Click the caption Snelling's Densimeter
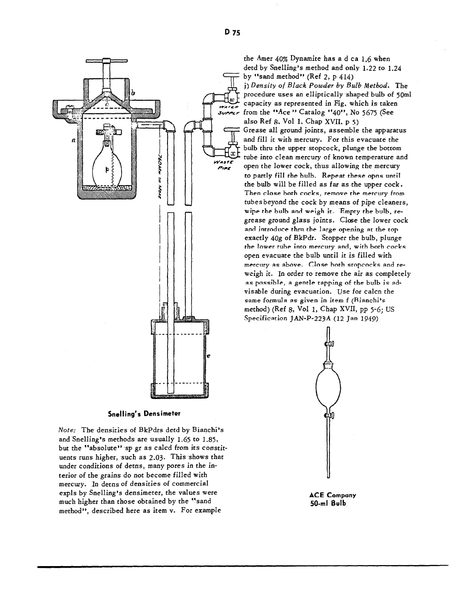point(144,413)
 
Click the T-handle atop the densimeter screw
point(107,61)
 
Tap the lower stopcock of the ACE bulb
point(328,415)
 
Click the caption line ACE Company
point(332,495)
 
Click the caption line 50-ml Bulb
point(328,503)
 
